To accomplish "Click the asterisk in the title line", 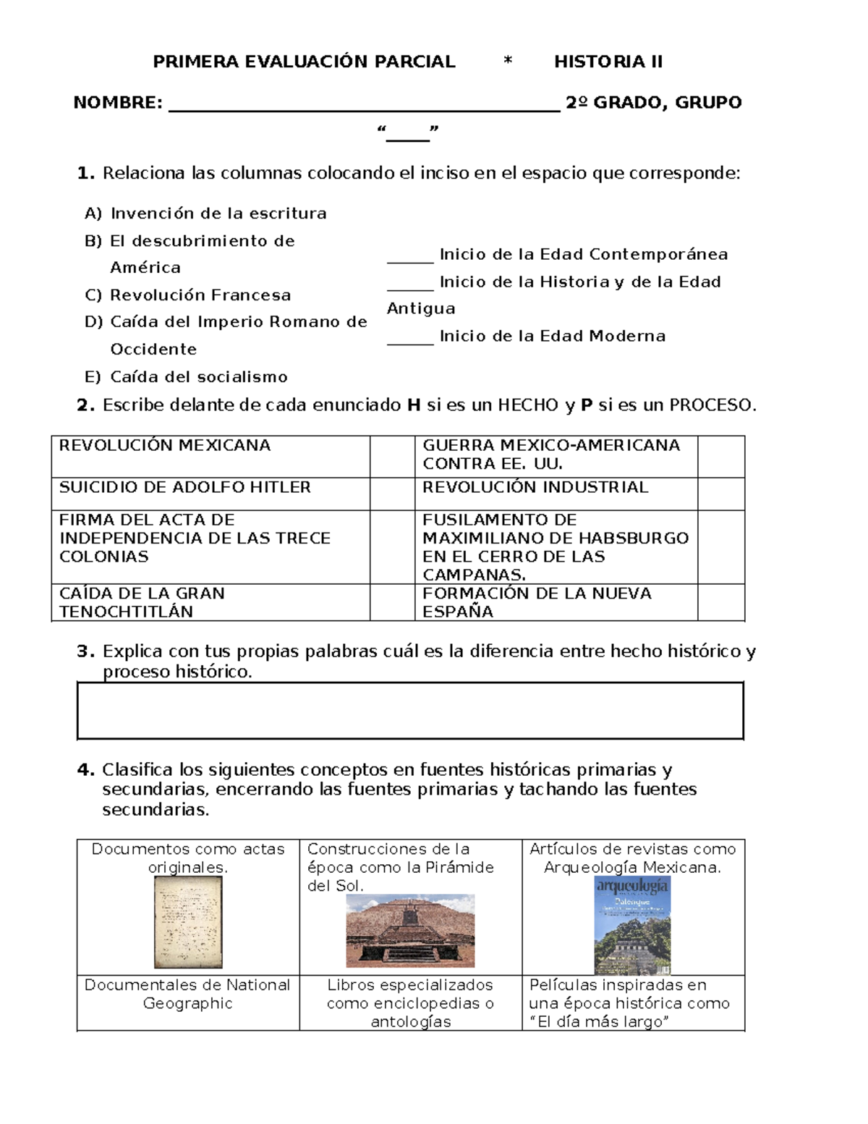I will pos(508,62).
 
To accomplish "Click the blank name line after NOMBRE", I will pos(364,105).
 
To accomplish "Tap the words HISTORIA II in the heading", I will pos(608,62).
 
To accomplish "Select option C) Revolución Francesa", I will pos(188,295).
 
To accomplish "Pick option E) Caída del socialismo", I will pos(186,377).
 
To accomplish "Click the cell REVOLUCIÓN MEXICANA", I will pos(165,446).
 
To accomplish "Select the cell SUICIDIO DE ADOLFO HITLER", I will pos(184,488).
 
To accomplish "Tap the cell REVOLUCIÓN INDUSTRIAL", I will pos(535,488).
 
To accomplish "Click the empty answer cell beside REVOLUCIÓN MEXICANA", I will pos(392,456).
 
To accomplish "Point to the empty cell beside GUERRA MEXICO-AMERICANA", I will pos(720,456).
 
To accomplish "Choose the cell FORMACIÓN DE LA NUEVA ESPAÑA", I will pos(537,602).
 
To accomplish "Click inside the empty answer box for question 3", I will pos(410,710).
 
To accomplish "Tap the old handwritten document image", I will pos(188,921).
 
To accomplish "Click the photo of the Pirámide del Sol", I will pos(410,931).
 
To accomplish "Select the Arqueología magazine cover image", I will pos(632,926).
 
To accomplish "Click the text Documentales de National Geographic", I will pos(187,994).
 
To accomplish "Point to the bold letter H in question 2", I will pos(414,405).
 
